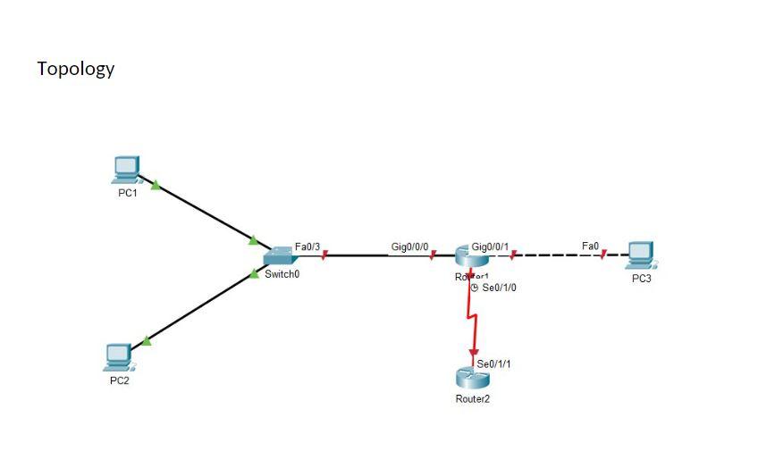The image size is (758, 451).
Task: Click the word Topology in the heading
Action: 76,69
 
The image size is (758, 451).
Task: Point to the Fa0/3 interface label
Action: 307,246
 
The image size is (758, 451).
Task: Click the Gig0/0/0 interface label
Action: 410,246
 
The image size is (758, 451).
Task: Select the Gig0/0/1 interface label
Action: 490,246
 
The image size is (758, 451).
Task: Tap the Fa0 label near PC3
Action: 590,246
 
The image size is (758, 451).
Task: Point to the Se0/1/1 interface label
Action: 494,364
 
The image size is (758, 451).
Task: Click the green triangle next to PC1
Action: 156,186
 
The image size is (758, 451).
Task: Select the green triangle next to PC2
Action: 147,340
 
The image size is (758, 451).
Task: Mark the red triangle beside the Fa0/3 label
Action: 324,255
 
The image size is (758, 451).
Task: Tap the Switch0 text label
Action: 282,274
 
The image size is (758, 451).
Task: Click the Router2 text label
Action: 473,399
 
